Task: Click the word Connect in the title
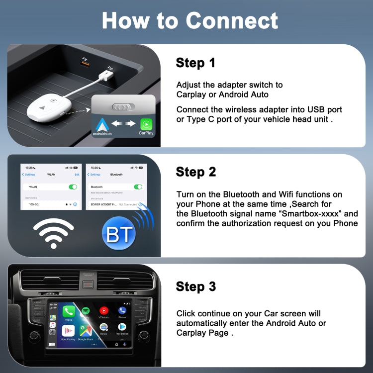click(232, 20)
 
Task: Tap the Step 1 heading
click(195, 63)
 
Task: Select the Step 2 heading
click(195, 172)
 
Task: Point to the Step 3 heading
click(195, 286)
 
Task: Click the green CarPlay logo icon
click(146, 124)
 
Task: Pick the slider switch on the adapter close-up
click(123, 106)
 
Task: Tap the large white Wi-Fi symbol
click(53, 232)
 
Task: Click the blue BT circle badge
click(119, 233)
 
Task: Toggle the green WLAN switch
click(73, 187)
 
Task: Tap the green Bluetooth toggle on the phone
click(138, 187)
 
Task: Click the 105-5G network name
click(34, 204)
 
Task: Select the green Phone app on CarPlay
click(69, 312)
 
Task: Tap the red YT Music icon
click(104, 311)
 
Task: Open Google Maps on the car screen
click(86, 330)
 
